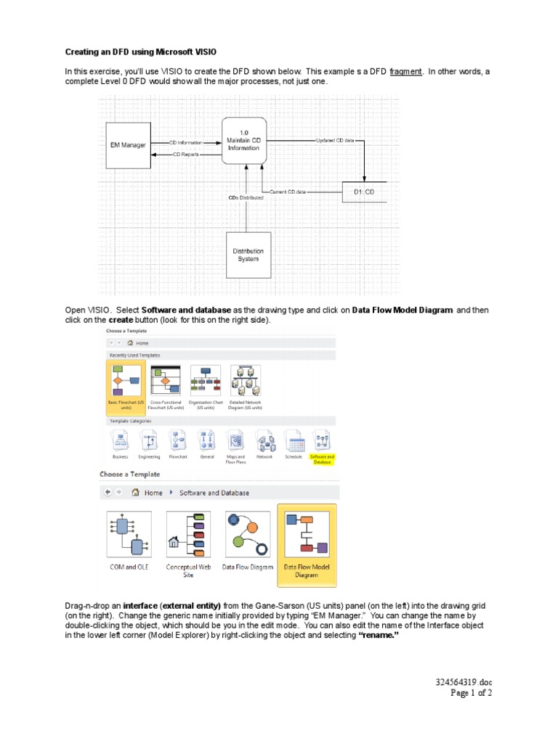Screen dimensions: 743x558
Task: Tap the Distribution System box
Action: click(x=248, y=255)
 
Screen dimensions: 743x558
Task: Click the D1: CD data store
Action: click(x=364, y=192)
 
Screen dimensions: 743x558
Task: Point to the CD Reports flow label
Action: click(x=185, y=155)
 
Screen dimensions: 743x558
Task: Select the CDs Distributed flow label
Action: click(x=246, y=197)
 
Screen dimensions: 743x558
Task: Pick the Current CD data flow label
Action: click(x=288, y=192)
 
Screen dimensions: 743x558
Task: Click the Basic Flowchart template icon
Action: click(x=121, y=380)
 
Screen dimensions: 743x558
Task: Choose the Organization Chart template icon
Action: click(x=205, y=380)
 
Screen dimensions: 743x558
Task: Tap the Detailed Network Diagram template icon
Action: click(x=245, y=380)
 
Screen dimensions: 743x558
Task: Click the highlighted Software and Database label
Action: click(x=321, y=459)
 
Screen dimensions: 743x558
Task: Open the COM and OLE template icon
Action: click(x=129, y=535)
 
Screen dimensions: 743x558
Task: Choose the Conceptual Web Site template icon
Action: click(x=188, y=535)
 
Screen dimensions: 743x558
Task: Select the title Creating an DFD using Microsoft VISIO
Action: click(x=141, y=52)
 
